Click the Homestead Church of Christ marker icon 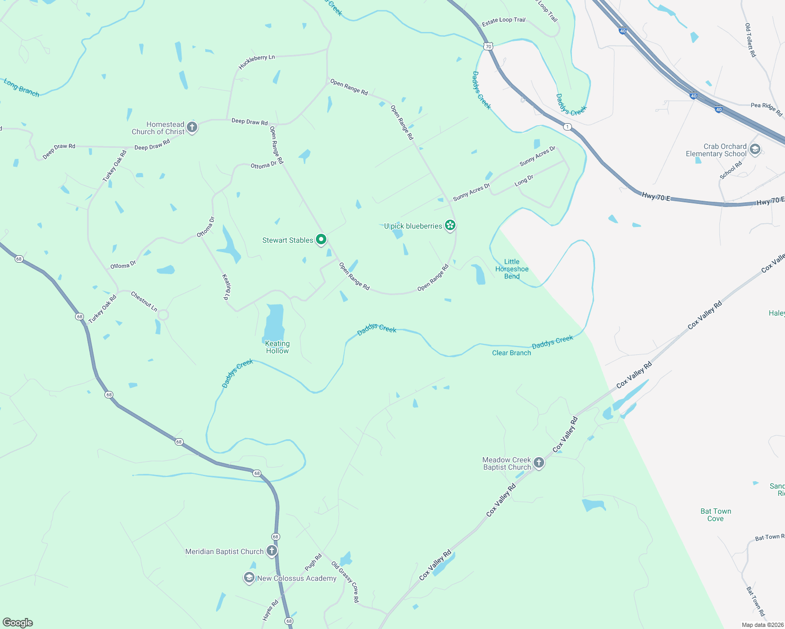pos(192,127)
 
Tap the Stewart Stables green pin pos(321,240)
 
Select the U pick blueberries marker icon pos(450,225)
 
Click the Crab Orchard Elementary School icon pos(755,149)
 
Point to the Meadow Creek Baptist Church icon pos(539,463)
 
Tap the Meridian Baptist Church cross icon pos(271,550)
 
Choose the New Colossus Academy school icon pos(249,578)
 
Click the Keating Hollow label pos(277,347)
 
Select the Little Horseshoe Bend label pos(512,269)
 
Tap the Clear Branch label pos(511,353)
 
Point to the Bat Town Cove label pos(715,515)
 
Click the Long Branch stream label pos(22,88)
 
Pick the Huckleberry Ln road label pos(257,62)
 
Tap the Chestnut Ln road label pos(144,301)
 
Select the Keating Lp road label pos(227,286)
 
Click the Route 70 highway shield pos(489,46)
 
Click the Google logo pos(18,622)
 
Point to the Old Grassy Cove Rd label pos(345,582)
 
